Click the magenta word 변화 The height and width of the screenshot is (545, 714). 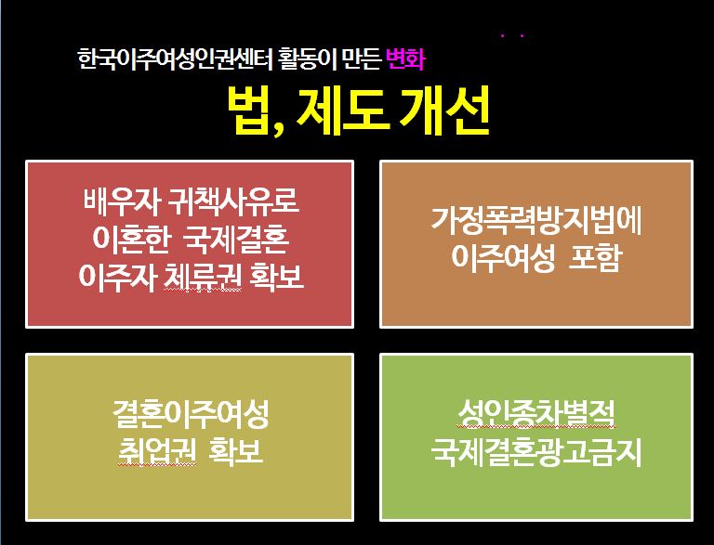[405, 59]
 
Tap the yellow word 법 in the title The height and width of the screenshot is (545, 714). [254, 110]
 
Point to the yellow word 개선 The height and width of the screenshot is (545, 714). [443, 110]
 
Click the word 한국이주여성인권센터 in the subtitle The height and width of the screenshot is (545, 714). [175, 59]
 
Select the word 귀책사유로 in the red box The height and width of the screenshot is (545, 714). [233, 201]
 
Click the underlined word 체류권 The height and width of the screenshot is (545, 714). [202, 276]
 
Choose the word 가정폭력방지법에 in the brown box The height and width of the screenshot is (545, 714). [536, 222]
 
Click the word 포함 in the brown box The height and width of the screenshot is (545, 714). [595, 258]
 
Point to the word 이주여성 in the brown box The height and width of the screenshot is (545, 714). [503, 258]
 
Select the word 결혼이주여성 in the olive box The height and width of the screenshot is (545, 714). [191, 414]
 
